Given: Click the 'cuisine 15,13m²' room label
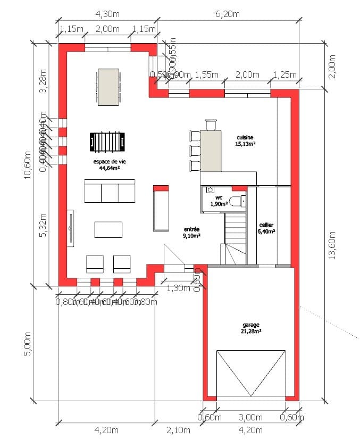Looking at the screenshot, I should (x=246, y=140).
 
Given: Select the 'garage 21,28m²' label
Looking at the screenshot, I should (x=249, y=327).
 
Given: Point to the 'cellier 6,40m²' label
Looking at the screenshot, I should (x=266, y=228).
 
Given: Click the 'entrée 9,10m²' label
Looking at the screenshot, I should (x=191, y=231).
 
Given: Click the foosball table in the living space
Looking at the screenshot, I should (x=103, y=142).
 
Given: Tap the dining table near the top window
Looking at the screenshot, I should (x=108, y=87).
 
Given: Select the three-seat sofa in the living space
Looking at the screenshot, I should (x=110, y=191).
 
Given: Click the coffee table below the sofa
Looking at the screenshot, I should (x=108, y=229).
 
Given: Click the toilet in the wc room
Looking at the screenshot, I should (x=237, y=201).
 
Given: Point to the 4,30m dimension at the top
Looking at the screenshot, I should (x=107, y=13).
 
